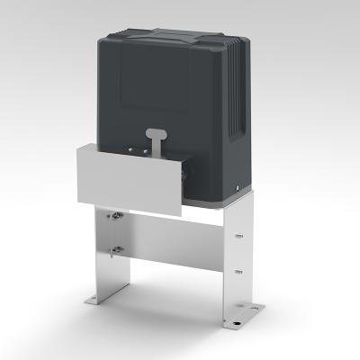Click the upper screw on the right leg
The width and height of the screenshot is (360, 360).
240,237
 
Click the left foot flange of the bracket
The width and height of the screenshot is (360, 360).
97,298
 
